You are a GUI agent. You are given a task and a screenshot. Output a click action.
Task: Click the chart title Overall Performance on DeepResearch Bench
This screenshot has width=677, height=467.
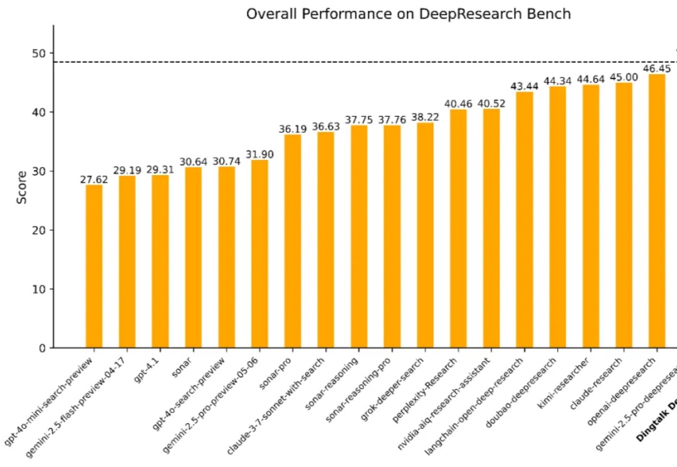coord(408,14)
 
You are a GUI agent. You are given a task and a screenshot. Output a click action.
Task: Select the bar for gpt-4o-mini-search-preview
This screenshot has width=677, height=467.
coord(94,266)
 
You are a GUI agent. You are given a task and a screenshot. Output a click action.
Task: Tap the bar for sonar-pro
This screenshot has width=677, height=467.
coord(293,241)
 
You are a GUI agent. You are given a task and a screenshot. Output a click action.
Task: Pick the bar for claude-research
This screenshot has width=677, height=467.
coord(590,216)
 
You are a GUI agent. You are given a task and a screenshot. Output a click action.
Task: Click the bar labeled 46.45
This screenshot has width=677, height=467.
coord(656,211)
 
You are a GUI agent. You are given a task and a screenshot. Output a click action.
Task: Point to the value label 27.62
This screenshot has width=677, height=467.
coord(94,179)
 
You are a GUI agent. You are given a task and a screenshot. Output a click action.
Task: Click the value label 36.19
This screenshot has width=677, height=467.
coord(293,129)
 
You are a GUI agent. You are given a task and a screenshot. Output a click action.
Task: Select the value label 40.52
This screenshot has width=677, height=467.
coord(491,104)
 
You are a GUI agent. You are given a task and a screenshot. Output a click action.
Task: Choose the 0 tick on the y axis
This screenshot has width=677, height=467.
coord(42,348)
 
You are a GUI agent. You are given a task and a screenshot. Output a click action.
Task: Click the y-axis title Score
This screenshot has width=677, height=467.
coord(22,187)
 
